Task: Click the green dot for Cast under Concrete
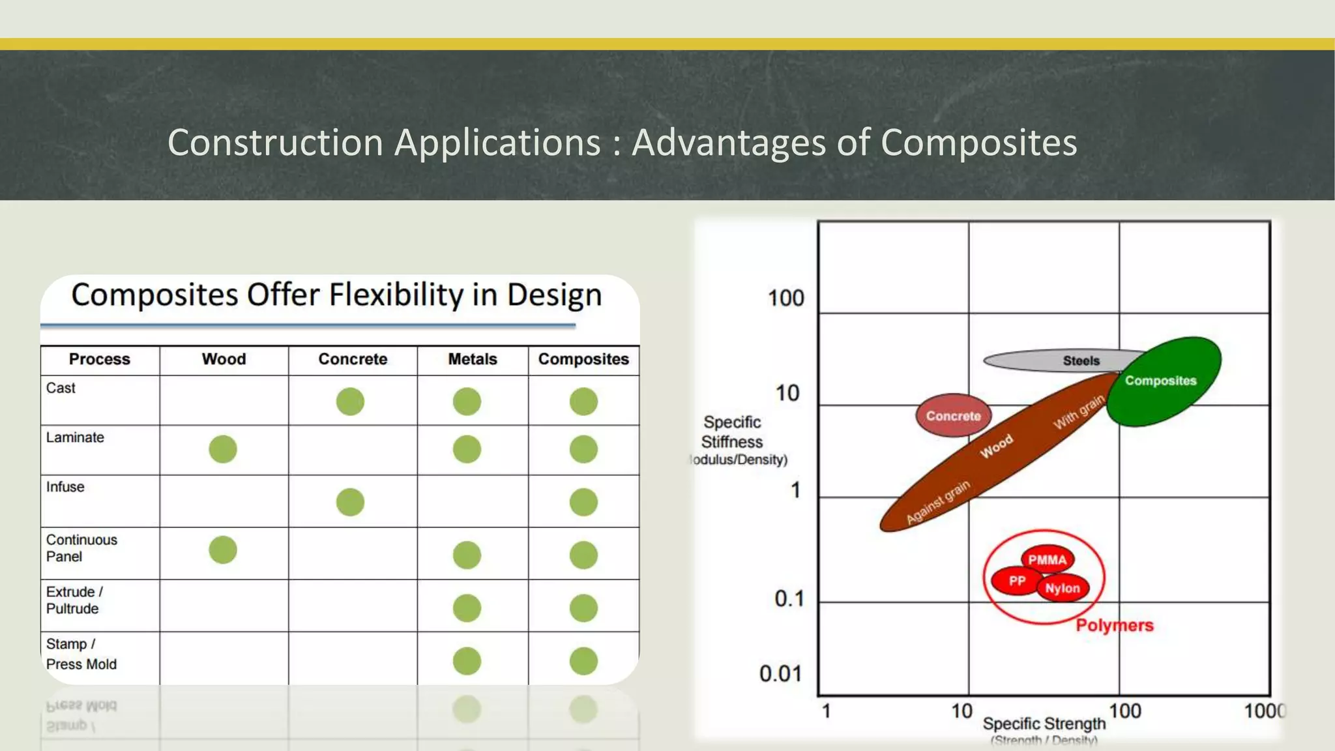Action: click(350, 402)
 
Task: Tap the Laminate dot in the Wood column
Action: click(223, 449)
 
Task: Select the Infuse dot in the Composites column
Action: click(583, 502)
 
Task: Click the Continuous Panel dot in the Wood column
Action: click(223, 550)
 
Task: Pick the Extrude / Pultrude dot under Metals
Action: click(467, 608)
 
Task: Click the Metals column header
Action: click(473, 359)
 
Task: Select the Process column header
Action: click(100, 359)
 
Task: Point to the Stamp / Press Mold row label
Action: click(81, 654)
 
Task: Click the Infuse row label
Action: click(65, 487)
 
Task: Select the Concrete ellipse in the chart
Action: click(953, 416)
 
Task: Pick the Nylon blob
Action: click(1063, 589)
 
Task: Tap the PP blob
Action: click(1016, 581)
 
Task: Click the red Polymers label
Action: click(1114, 626)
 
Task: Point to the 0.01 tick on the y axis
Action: click(780, 673)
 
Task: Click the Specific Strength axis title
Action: click(1044, 724)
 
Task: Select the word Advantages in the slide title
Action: click(729, 142)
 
